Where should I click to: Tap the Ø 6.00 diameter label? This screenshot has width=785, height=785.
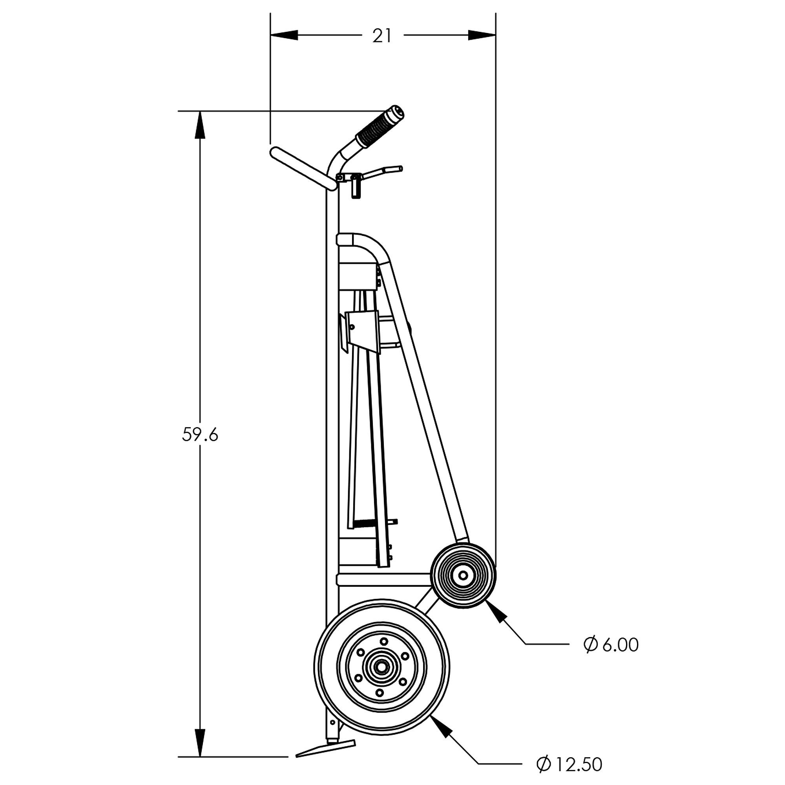tap(611, 645)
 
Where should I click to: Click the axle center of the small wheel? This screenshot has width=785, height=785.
tap(463, 575)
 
